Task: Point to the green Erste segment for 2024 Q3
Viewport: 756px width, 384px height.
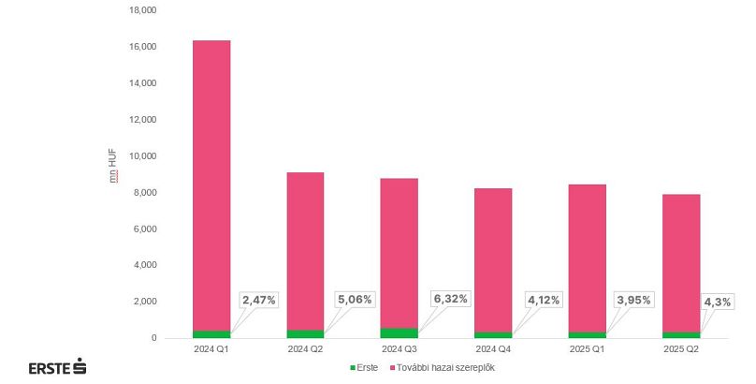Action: click(400, 332)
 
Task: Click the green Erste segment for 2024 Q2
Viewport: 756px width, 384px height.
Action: click(305, 333)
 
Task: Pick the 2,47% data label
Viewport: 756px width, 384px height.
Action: click(259, 300)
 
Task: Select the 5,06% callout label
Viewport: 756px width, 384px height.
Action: click(354, 300)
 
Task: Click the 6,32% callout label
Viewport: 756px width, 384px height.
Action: click(449, 299)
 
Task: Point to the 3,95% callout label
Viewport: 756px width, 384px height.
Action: click(633, 300)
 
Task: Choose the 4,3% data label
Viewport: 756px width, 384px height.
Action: click(718, 302)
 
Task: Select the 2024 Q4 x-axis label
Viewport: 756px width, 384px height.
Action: click(493, 348)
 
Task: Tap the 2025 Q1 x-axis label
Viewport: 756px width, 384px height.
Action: click(587, 348)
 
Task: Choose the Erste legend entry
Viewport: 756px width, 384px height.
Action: click(364, 367)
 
